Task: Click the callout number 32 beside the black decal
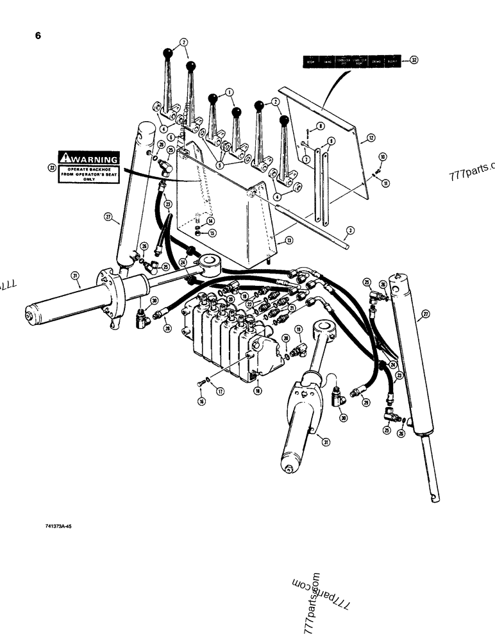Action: click(x=414, y=60)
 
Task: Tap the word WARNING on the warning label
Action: click(x=94, y=159)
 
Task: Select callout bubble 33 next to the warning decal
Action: click(x=52, y=167)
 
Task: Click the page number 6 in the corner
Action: click(x=38, y=36)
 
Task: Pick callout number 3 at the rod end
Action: click(x=350, y=230)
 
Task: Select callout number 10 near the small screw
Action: click(x=383, y=156)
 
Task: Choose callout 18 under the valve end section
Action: click(x=258, y=390)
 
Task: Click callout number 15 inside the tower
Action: click(x=212, y=232)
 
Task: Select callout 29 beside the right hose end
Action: click(x=365, y=402)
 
